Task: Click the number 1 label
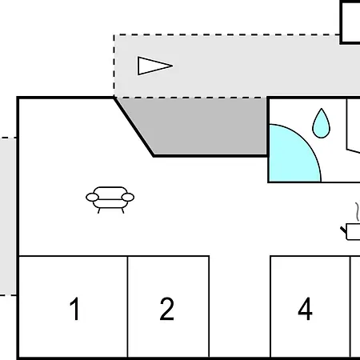75,309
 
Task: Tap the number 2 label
166,309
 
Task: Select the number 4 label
305,309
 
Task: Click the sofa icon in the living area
110,198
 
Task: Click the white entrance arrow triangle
152,66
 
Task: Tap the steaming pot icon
352,232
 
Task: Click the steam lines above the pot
354,212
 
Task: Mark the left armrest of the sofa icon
90,196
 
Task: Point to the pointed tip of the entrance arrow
171,66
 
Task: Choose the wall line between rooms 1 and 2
128,307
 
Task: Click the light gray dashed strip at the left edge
7,216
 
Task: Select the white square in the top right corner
351,22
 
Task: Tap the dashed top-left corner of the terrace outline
115,35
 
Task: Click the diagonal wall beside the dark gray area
134,126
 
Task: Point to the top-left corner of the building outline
18,98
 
